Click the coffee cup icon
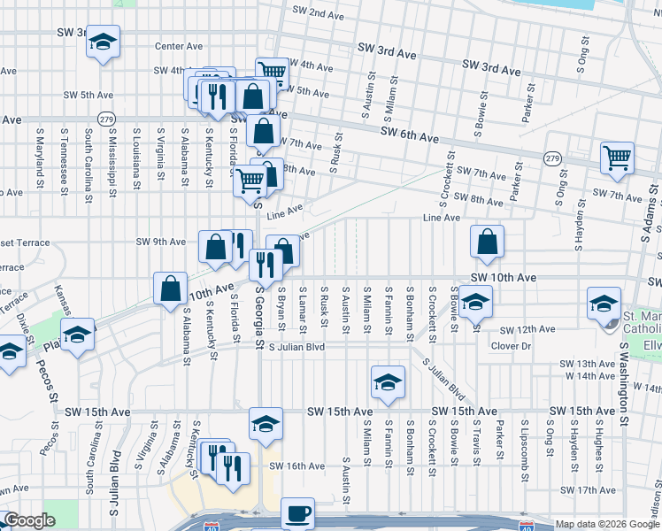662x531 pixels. tap(297, 512)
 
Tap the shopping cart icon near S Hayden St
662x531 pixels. tap(617, 158)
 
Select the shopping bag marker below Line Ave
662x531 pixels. tap(487, 241)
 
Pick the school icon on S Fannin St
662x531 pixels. tap(387, 381)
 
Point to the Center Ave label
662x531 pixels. tap(179, 46)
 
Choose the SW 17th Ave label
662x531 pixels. tap(589, 489)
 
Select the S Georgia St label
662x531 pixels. tap(260, 314)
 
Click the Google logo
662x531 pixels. tap(28, 521)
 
